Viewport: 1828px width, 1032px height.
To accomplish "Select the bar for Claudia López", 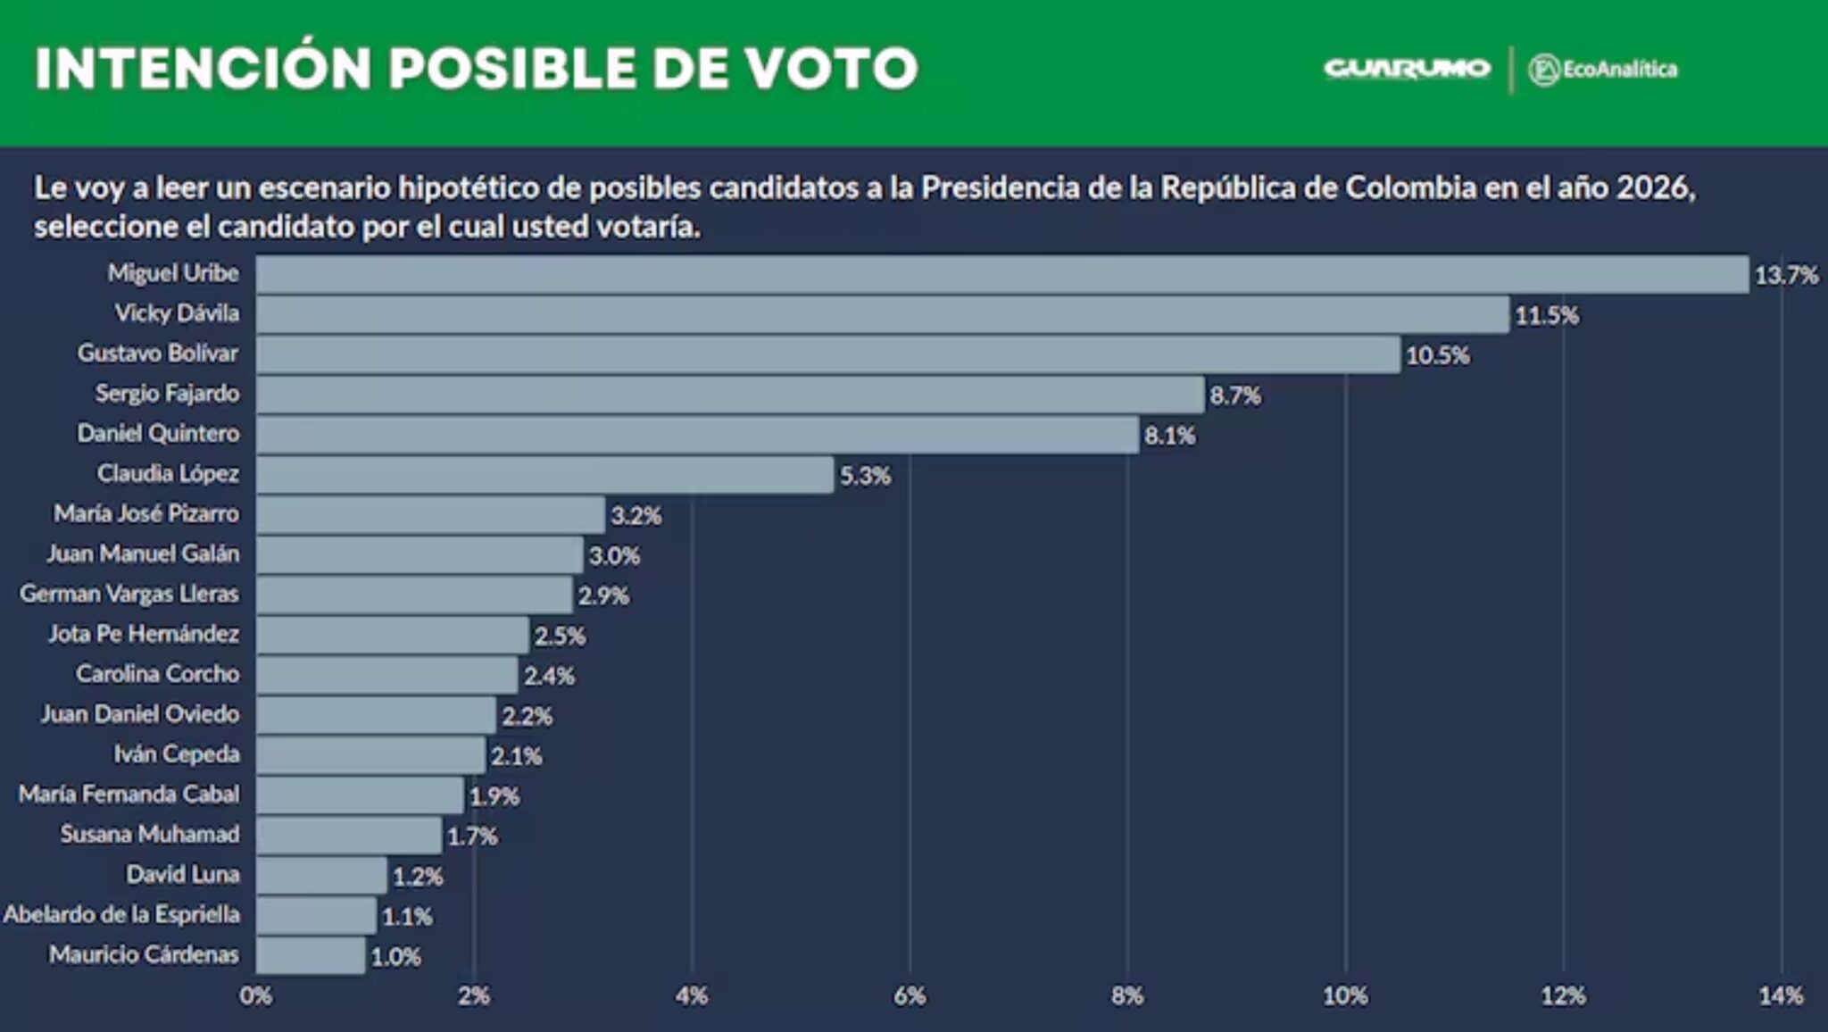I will tap(544, 475).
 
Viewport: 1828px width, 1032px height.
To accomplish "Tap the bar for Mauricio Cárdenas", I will tap(311, 955).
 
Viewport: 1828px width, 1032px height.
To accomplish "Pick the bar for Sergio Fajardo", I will tap(729, 395).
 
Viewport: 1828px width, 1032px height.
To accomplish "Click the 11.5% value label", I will tap(1546, 315).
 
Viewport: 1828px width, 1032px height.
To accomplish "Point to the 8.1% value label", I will tap(1169, 436).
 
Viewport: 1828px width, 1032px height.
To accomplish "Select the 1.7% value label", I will tap(472, 836).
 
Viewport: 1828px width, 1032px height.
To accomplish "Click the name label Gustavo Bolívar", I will tap(158, 354).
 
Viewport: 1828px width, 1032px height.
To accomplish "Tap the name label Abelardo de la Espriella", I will tap(121, 915).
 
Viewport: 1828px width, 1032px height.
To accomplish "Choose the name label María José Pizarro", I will tap(146, 514).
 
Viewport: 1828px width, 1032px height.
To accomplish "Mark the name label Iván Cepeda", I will tap(177, 754).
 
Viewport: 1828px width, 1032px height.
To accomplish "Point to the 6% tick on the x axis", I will tap(909, 996).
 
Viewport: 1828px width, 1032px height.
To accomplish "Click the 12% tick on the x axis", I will tap(1563, 996).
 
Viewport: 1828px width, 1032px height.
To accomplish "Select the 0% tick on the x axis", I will tap(255, 996).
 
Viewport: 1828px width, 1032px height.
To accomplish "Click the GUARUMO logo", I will tap(1407, 69).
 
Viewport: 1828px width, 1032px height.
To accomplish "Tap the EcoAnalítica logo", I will tap(1603, 70).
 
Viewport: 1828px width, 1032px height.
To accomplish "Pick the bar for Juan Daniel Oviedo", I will tap(376, 715).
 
